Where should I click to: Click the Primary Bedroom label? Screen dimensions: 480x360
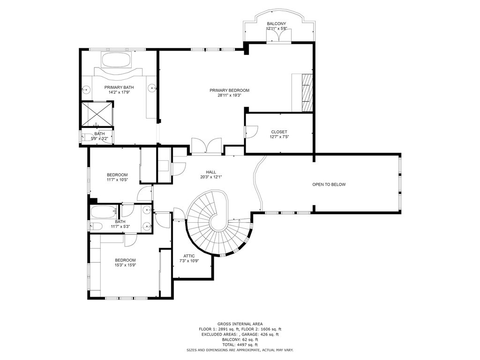click(x=229, y=90)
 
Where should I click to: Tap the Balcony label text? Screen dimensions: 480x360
click(x=277, y=23)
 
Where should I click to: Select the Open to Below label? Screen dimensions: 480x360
click(x=329, y=185)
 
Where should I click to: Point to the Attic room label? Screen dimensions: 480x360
click(x=189, y=256)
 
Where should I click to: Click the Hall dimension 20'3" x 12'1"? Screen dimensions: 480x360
click(x=211, y=177)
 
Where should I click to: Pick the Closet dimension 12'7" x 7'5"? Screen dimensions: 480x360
click(x=279, y=137)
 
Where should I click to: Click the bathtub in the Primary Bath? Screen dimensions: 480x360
click(x=116, y=60)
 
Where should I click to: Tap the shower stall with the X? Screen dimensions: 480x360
click(x=97, y=114)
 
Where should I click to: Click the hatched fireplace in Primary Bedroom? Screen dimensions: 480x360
click(x=307, y=92)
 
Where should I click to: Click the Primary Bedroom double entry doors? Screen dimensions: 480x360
click(x=206, y=145)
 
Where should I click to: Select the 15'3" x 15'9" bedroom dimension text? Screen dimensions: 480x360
click(x=125, y=265)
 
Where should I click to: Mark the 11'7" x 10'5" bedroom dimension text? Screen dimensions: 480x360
click(x=117, y=180)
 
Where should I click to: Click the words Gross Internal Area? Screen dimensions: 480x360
click(x=240, y=324)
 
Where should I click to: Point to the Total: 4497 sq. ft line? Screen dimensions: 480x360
click(x=240, y=345)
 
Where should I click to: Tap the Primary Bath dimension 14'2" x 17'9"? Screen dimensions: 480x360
click(x=119, y=92)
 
